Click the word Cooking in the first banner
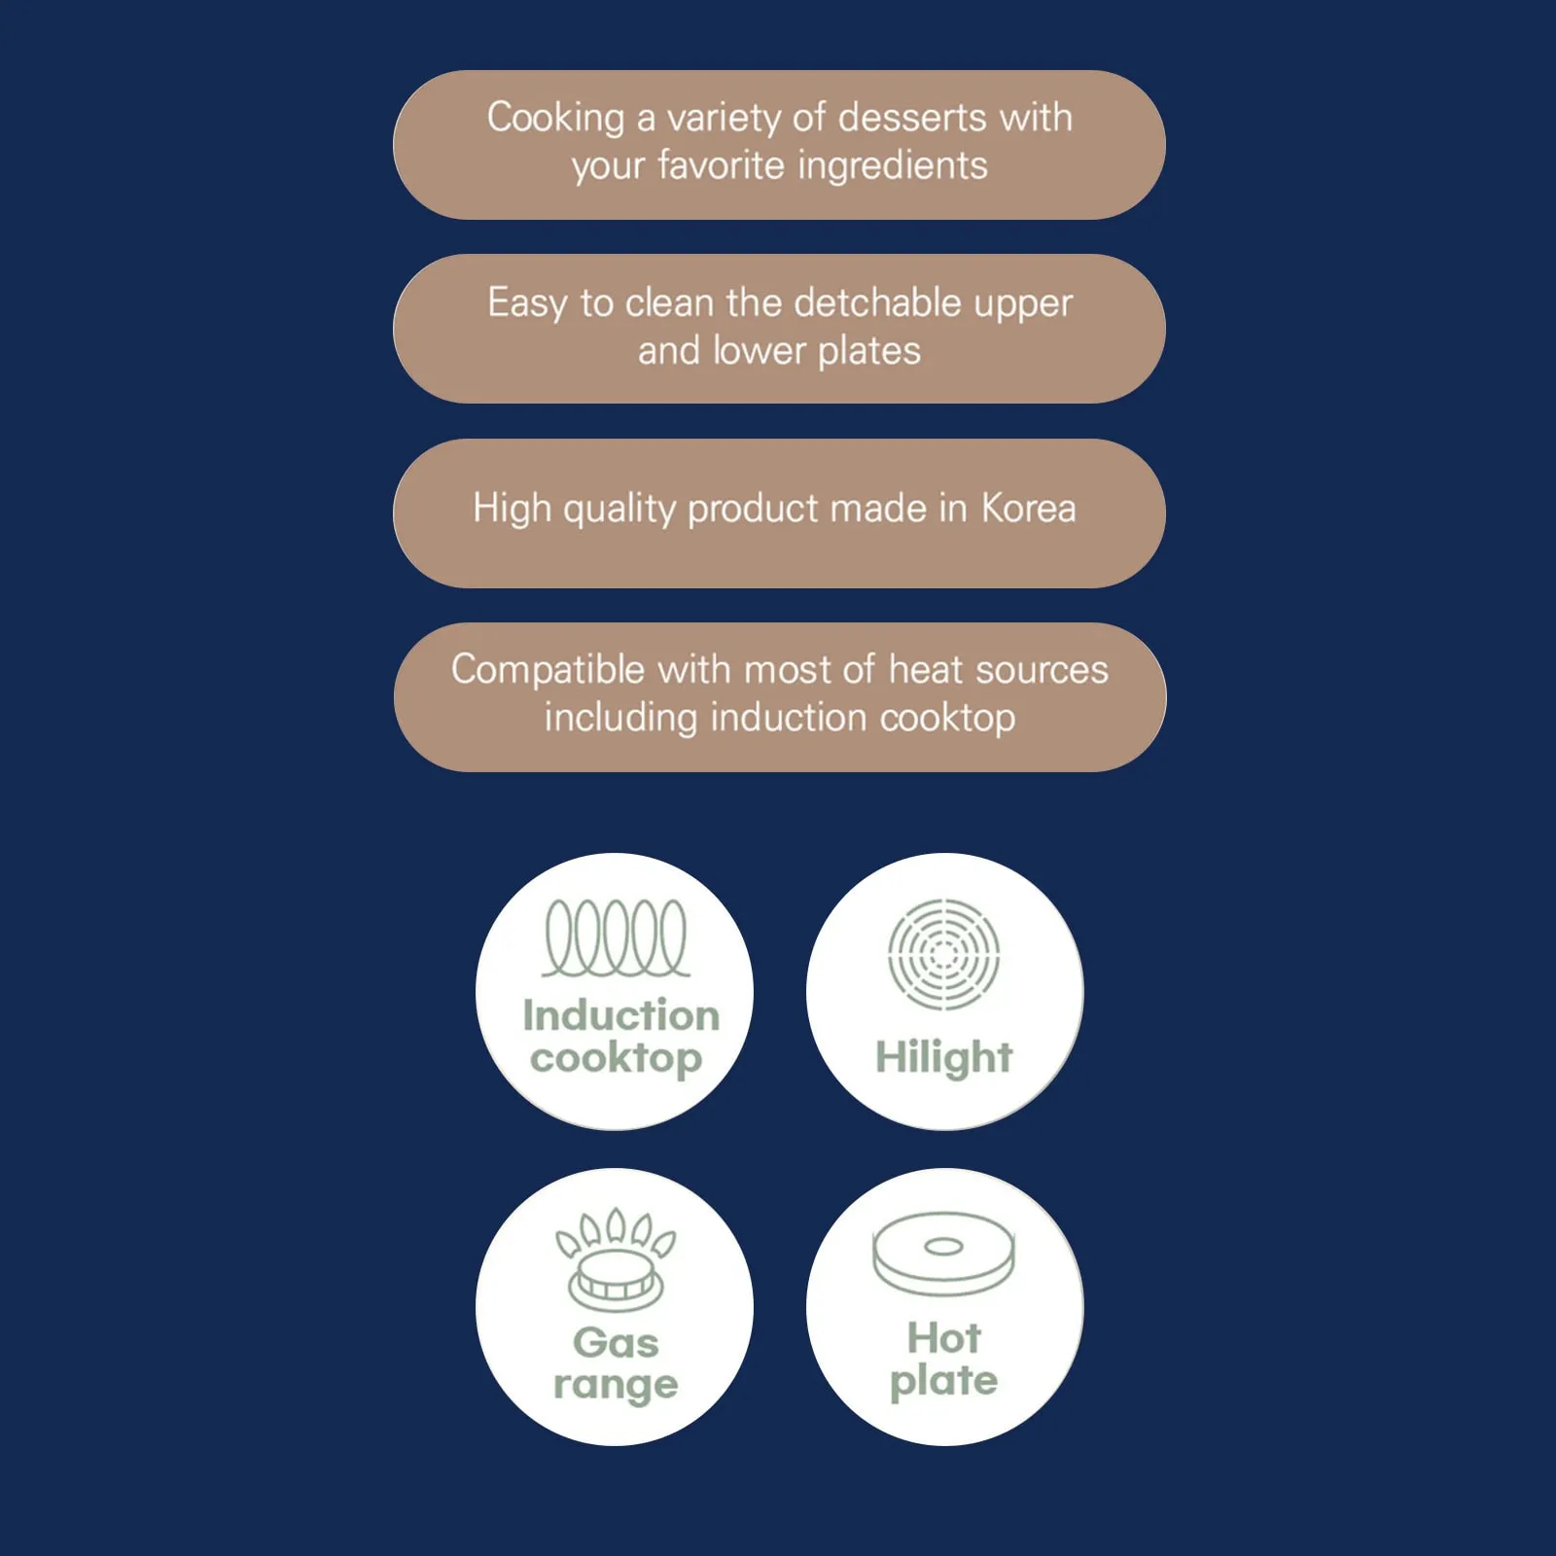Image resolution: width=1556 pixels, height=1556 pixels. pos(555,119)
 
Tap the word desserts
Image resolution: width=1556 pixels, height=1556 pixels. pos(912,117)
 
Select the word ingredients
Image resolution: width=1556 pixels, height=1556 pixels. pos(893,166)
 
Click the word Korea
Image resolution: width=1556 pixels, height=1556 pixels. pos(1028,508)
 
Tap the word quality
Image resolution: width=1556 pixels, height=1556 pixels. pos(619,510)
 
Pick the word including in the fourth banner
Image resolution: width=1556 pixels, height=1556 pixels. pos(621,719)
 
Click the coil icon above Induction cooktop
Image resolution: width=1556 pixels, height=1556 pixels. pos(616,937)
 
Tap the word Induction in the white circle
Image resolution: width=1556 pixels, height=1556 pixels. pos(620,1015)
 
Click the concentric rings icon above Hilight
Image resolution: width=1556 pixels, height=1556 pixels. pos(943,954)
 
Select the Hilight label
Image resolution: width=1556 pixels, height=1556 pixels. pos(943,1058)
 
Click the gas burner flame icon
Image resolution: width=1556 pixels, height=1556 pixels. pos(616,1260)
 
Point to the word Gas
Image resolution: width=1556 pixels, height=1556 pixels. pos(616,1343)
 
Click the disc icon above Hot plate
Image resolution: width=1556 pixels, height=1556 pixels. pos(943,1255)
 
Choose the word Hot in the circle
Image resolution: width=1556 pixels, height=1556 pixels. pos(943,1338)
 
